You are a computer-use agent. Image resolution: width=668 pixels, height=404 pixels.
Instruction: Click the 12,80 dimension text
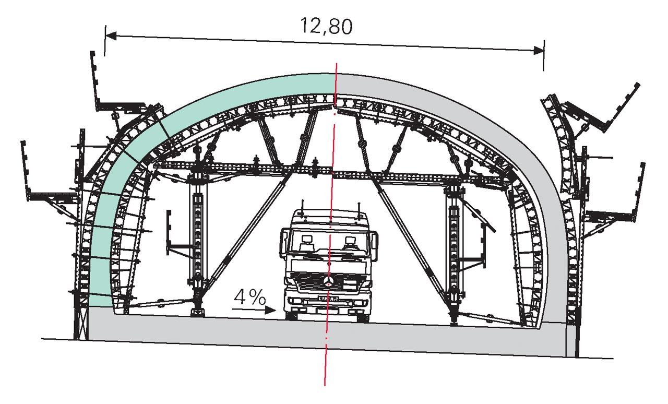click(326, 26)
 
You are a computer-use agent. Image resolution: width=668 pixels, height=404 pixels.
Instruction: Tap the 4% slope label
click(249, 297)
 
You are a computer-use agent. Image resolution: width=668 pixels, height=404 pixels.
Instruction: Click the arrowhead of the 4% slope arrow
click(270, 311)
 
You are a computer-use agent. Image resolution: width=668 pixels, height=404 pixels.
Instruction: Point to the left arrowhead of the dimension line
click(111, 36)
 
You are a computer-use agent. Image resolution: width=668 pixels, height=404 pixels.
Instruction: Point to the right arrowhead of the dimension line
click(539, 51)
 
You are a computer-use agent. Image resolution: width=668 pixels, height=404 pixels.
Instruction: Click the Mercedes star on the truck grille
click(328, 281)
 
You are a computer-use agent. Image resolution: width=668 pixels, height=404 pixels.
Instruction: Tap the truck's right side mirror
click(375, 245)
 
